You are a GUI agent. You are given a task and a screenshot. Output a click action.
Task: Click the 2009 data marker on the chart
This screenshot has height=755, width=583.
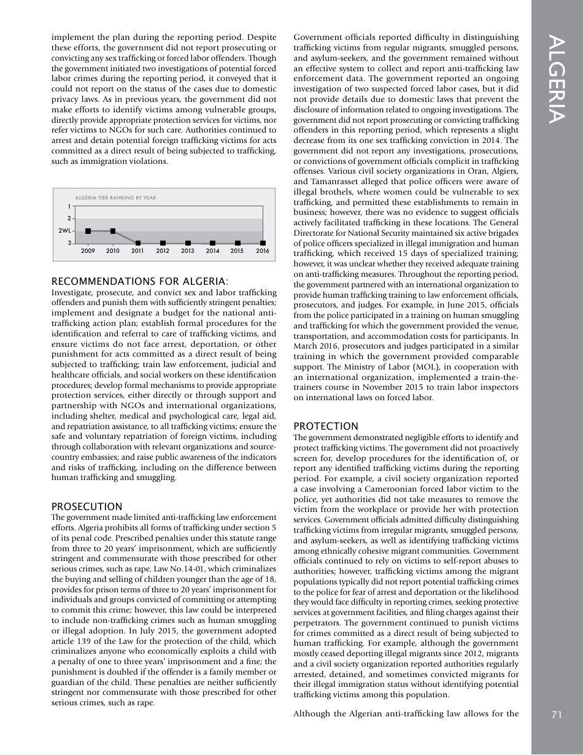pos(88,231)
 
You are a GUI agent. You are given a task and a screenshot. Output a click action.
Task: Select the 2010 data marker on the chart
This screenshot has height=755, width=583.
pos(113,231)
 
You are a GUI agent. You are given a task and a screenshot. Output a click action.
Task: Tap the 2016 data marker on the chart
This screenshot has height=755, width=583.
pos(263,244)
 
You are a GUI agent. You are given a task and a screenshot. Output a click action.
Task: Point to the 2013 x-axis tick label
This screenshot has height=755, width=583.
pos(188,251)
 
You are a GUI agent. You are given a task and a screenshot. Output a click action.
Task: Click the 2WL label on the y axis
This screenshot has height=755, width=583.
pos(64,231)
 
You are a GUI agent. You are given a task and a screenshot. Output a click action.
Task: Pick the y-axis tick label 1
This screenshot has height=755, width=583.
pos(69,206)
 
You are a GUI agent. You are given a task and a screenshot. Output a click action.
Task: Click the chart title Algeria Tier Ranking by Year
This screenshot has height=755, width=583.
pos(115,198)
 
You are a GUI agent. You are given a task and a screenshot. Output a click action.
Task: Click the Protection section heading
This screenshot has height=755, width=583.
pos(326,426)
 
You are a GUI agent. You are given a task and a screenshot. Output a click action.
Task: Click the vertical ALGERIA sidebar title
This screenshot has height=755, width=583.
pos(557,80)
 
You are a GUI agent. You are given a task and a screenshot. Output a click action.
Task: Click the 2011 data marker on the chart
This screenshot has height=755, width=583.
pos(138,244)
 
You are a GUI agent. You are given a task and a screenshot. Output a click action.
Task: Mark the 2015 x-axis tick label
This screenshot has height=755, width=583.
pos(237,251)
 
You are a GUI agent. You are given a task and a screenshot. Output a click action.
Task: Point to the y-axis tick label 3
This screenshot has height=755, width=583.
pos(69,244)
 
